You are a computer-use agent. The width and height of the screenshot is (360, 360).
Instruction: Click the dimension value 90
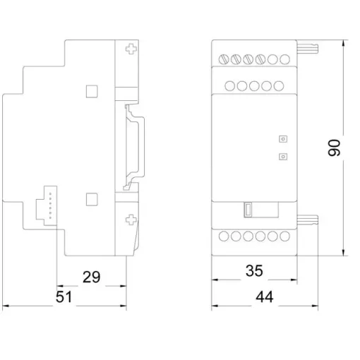[334, 148]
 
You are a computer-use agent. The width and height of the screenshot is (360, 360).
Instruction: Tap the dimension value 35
[254, 270]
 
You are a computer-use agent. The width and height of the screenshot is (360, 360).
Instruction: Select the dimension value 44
[265, 297]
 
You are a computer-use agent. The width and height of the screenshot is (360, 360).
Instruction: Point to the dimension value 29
[91, 277]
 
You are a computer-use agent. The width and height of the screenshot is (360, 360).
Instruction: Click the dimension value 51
[64, 297]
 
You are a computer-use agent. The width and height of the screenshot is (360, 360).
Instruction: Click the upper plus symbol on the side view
[131, 49]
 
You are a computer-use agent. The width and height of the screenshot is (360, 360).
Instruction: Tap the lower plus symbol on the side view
[131, 220]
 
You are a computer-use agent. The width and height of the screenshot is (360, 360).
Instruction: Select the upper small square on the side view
[92, 91]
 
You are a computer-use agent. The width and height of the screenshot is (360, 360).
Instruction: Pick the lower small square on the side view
[92, 200]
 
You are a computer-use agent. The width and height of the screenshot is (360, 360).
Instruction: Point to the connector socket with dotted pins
[47, 205]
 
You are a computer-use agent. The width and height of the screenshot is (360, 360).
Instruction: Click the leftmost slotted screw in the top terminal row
[224, 59]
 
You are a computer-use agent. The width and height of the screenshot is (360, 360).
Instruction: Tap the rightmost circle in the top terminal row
[284, 59]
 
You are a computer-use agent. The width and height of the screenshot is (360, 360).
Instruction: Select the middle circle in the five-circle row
[254, 86]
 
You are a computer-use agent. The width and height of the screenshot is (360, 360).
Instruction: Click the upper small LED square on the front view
[283, 139]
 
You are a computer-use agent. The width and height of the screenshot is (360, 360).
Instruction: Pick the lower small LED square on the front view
[283, 157]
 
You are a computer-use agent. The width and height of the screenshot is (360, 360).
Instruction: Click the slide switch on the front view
[248, 210]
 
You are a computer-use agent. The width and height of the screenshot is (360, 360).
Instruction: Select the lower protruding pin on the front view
[308, 220]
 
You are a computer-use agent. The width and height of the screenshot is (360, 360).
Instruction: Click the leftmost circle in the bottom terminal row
[224, 236]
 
